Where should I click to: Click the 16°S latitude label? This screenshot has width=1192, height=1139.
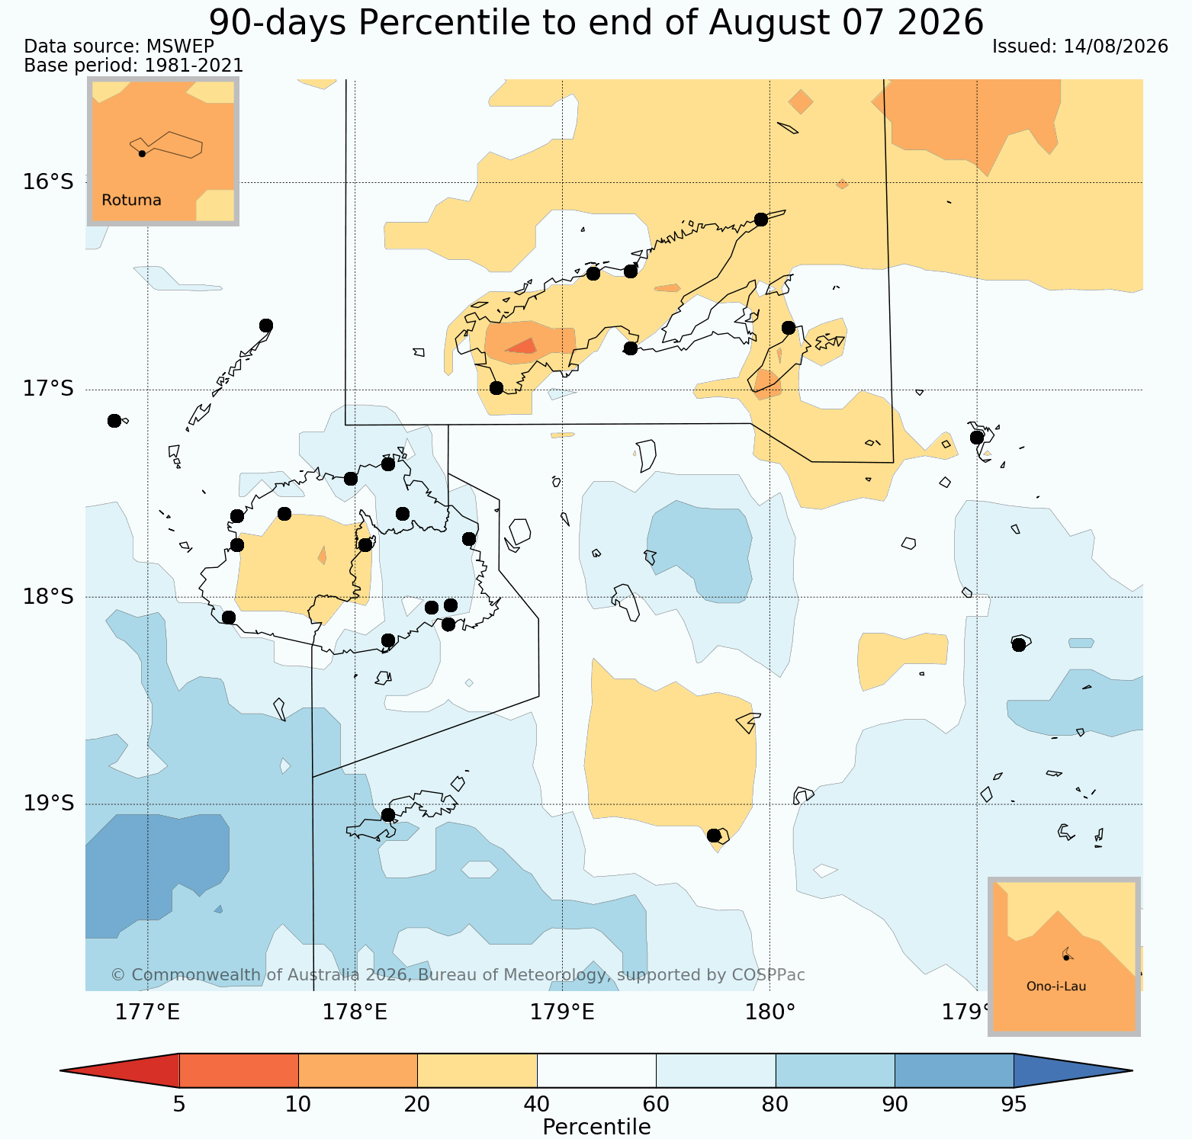[x=48, y=182]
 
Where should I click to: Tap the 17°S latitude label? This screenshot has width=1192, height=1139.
[x=48, y=390]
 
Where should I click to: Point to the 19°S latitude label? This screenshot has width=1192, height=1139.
[x=48, y=804]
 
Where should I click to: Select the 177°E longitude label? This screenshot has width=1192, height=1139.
[x=147, y=1012]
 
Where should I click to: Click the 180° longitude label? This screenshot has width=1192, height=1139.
[x=769, y=1012]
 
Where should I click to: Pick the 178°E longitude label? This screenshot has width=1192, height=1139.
[x=355, y=1012]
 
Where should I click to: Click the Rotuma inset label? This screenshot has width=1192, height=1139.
[x=132, y=201]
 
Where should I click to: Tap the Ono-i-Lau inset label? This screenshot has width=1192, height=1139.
[x=1056, y=987]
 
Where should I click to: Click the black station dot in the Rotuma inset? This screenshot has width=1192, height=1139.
[x=142, y=153]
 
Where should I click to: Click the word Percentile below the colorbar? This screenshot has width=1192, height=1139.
[x=596, y=1127]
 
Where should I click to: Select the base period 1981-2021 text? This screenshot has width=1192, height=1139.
[x=194, y=66]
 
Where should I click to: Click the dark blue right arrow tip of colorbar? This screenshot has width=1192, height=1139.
[x=1131, y=1070]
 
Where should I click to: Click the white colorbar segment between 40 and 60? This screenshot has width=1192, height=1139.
[x=597, y=1070]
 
